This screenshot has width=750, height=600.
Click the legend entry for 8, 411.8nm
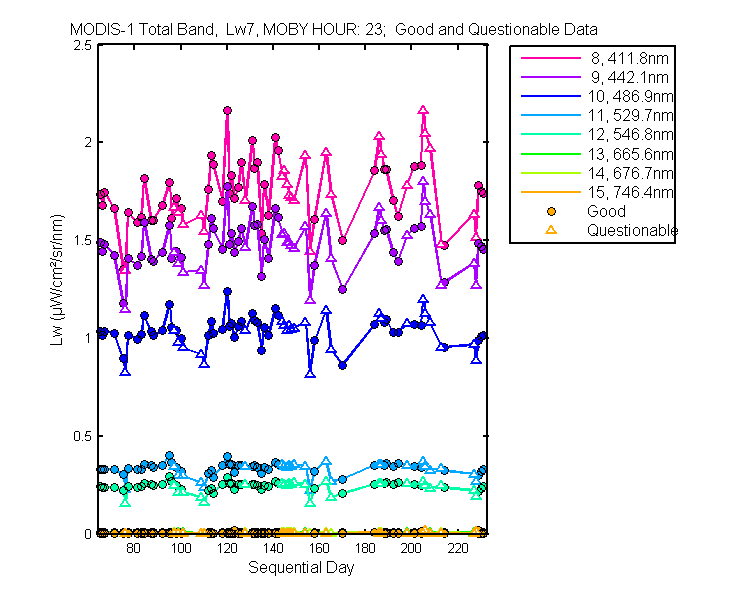pos(629,58)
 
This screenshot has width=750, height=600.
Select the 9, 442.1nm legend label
pos(629,78)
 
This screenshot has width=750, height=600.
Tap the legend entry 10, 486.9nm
pos(630,97)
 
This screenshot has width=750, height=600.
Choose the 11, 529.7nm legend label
pos(630,116)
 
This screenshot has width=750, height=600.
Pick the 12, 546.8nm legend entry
pos(630,135)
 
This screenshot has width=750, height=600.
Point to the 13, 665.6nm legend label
pos(630,154)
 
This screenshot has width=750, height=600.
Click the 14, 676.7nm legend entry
pos(630,173)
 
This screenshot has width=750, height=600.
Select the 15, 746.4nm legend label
pos(630,192)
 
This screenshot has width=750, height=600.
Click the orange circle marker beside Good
pos(551,211)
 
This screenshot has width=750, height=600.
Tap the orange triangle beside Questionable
pos(551,230)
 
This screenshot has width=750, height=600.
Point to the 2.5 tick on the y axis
pos(82,45)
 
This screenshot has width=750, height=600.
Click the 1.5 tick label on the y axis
pos(82,240)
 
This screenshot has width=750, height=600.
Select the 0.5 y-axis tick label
pos(82,436)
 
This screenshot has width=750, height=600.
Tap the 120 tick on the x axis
pos(227,548)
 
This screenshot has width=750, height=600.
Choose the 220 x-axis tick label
pos(458,548)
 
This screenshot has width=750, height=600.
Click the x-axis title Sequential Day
pos(301,568)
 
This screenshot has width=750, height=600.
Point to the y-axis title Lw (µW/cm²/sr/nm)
pos(56,280)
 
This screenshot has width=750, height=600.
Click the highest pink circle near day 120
pos(227,111)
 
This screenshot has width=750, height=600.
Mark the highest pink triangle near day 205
pos(423,110)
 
